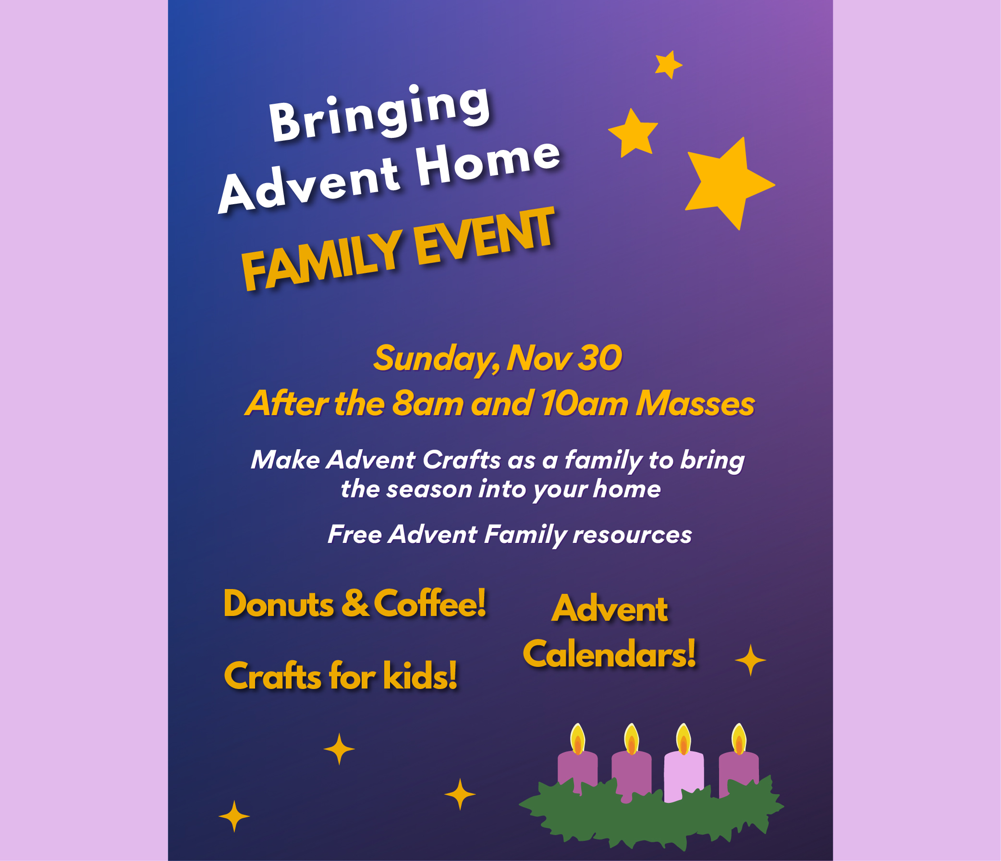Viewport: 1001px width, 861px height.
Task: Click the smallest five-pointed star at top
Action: (x=669, y=64)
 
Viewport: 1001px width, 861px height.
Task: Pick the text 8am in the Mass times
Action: (x=428, y=404)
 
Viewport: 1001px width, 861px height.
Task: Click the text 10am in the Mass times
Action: (x=584, y=404)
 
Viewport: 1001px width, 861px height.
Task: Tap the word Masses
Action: (x=695, y=404)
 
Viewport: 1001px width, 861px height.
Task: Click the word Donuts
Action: (x=278, y=603)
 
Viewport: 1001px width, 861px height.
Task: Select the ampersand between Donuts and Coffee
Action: (x=355, y=603)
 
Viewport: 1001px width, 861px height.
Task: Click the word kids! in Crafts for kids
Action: (x=420, y=675)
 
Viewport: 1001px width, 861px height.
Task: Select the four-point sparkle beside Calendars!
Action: (x=750, y=660)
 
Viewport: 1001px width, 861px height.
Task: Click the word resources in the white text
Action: (x=632, y=535)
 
